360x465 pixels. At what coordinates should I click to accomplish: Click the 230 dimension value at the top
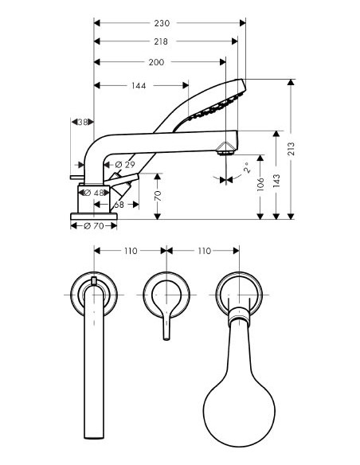click(166, 23)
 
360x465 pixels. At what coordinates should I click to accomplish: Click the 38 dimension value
click(81, 122)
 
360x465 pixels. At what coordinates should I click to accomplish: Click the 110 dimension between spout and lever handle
click(131, 251)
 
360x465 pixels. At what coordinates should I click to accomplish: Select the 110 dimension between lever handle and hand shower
click(202, 251)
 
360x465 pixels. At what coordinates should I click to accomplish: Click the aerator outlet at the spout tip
click(227, 147)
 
